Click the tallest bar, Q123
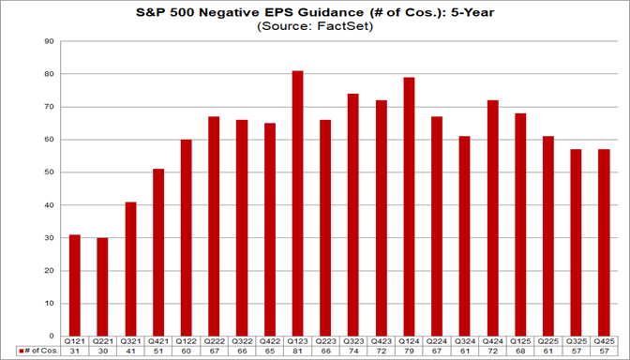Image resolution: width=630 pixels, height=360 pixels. pos(297,202)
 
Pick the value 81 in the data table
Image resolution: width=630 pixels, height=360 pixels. pos(297,352)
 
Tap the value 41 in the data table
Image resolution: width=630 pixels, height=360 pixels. pos(131,352)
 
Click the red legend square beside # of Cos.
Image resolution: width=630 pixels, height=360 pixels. pos(20,352)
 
